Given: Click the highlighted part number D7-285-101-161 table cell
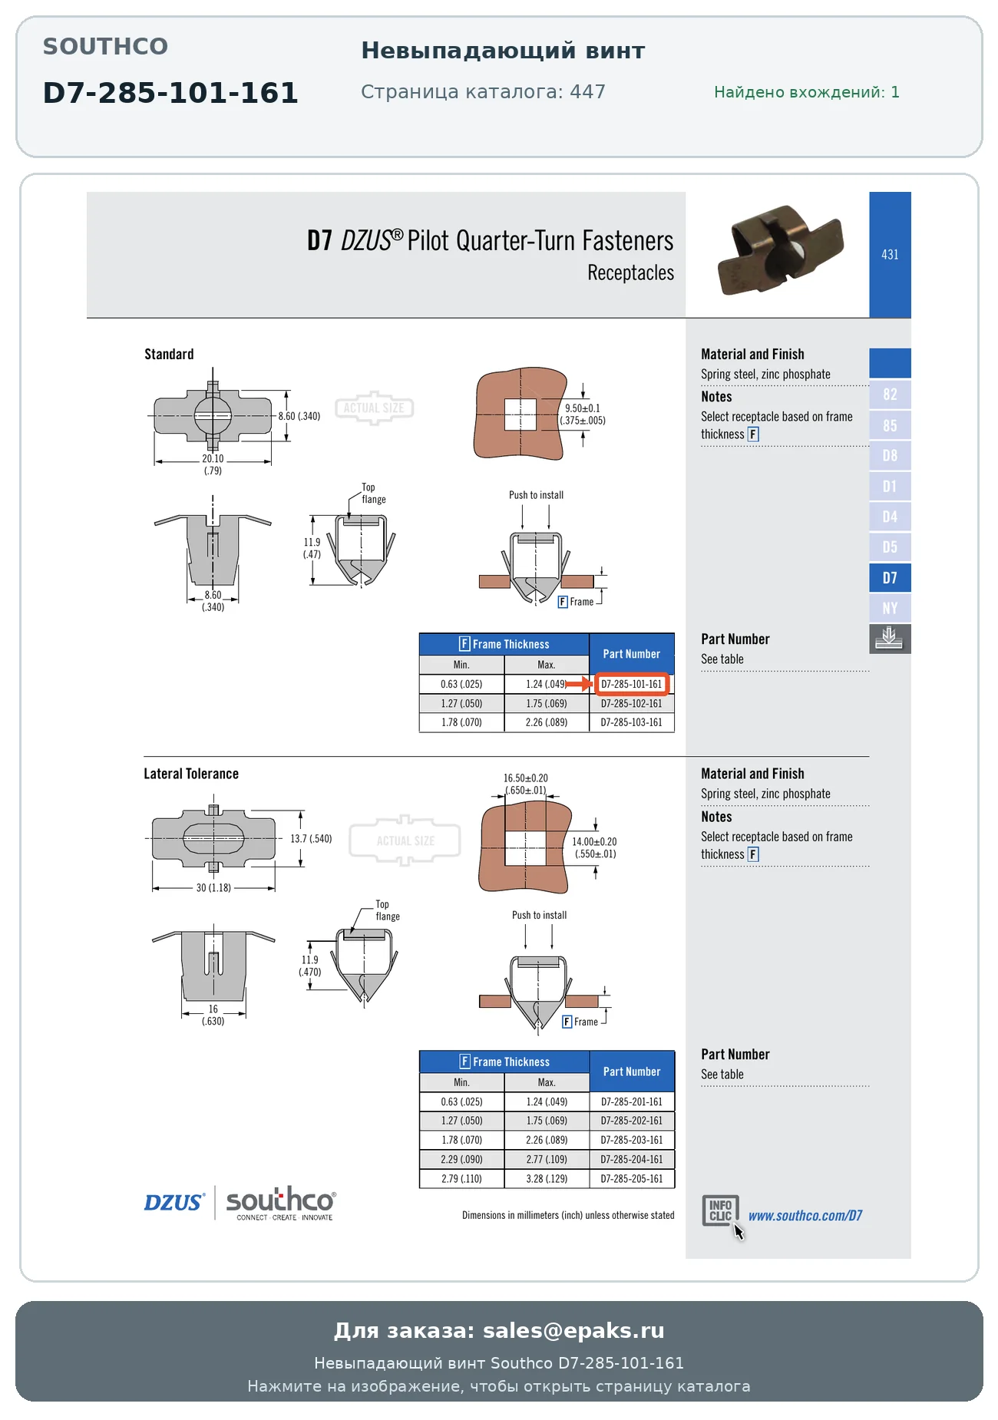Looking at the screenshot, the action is (x=631, y=684).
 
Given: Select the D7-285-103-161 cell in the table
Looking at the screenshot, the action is (x=631, y=722).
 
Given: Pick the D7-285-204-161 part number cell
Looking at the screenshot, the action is (x=631, y=1159).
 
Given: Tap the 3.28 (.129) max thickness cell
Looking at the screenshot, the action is (x=547, y=1178).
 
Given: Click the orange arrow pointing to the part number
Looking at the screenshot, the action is (x=579, y=684).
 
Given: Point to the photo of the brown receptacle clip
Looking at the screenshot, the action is (x=780, y=250).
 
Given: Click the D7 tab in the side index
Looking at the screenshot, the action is (x=890, y=578).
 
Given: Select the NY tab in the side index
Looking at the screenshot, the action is (x=890, y=609).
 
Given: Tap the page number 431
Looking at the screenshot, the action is (x=890, y=254).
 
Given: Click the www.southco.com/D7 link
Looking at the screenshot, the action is (x=805, y=1215).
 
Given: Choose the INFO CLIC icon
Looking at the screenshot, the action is (x=721, y=1210).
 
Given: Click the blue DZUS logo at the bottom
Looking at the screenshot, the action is (x=174, y=1202).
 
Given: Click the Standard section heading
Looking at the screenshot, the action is (x=169, y=354).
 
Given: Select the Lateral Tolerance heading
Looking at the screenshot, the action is (x=191, y=774).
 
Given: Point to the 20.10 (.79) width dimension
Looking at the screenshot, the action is (x=213, y=464).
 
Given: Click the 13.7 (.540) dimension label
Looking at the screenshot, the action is (x=311, y=838).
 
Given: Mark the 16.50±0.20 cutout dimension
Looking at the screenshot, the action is (x=526, y=784).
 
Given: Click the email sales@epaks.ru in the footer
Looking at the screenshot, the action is (x=573, y=1330).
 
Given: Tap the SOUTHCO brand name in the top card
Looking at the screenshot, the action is (x=105, y=46).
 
